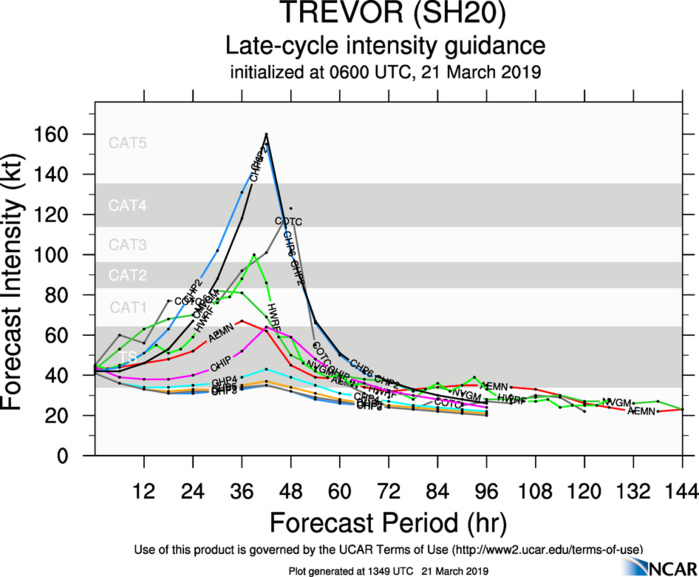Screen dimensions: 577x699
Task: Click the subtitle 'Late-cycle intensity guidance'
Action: (x=385, y=46)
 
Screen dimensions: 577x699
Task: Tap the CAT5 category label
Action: (x=128, y=143)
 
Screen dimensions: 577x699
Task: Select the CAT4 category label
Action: (x=128, y=206)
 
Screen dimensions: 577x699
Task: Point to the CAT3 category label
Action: (x=128, y=244)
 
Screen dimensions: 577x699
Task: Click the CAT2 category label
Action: (x=128, y=275)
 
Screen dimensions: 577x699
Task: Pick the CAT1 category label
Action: (x=128, y=307)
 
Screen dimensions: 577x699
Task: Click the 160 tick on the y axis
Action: (x=69, y=134)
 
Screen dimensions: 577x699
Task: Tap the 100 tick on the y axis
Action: (x=69, y=255)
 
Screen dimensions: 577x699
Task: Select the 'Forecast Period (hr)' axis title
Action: (x=385, y=521)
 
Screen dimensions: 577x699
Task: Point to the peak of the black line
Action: (x=267, y=133)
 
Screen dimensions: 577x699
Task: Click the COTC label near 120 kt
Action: (x=288, y=221)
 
